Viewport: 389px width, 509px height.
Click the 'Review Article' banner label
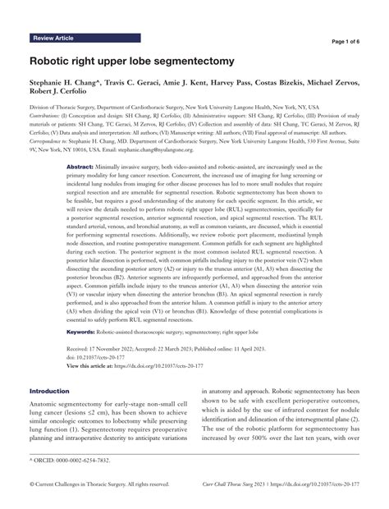point(55,39)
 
